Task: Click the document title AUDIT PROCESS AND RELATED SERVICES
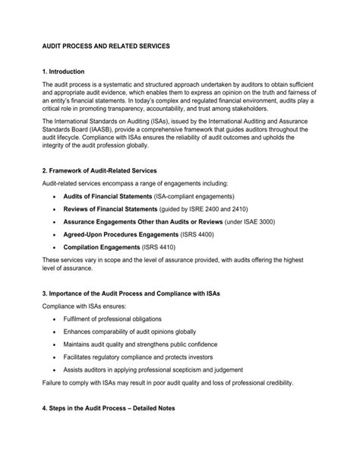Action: click(106, 46)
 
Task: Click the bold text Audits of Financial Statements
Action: click(107, 195)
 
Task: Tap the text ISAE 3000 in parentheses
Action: click(256, 221)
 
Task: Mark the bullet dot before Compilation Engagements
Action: click(54, 248)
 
